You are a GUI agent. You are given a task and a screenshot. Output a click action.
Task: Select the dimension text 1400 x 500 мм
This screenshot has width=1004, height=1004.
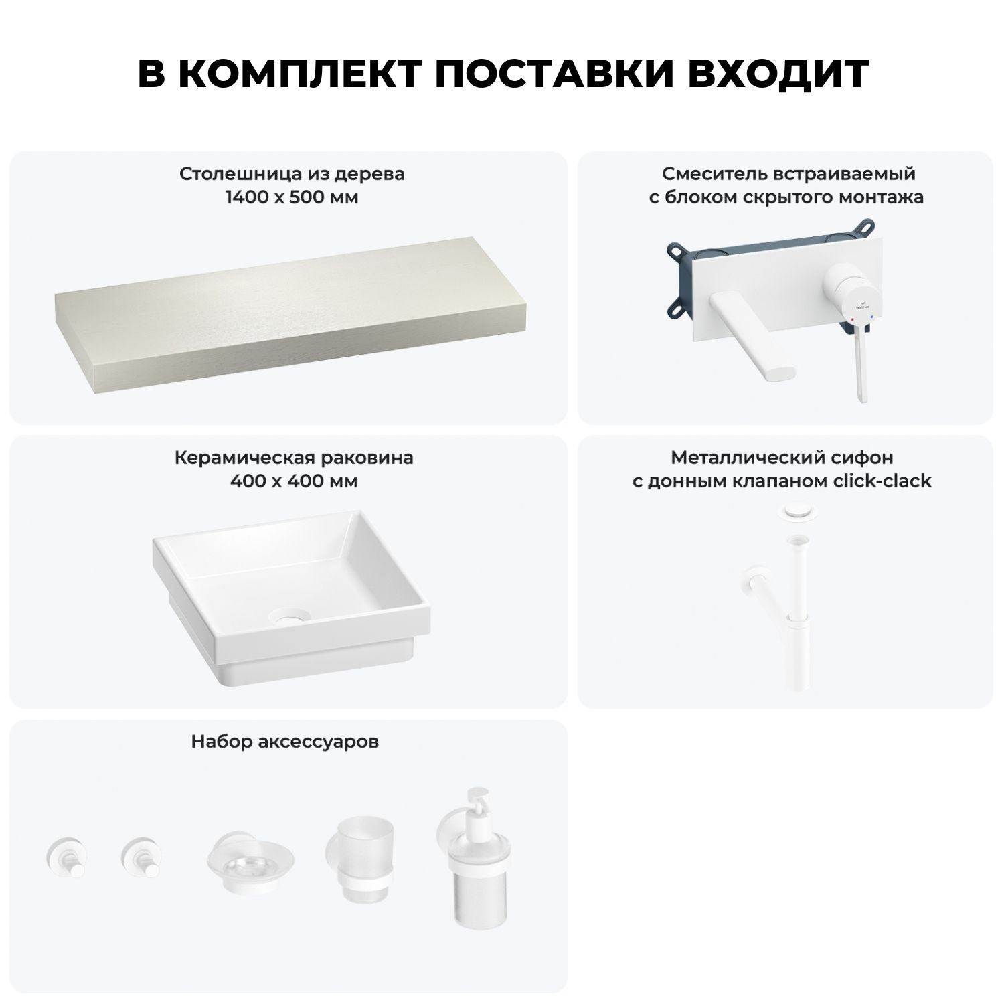click(x=292, y=198)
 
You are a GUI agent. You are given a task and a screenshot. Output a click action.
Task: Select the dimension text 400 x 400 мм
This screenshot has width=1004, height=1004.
click(x=293, y=481)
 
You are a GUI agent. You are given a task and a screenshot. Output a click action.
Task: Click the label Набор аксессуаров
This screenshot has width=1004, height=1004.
click(x=285, y=742)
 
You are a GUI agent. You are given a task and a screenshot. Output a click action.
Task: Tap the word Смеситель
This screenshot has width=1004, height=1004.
click(x=707, y=174)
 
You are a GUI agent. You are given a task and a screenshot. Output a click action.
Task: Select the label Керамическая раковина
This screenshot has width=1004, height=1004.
click(x=294, y=458)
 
